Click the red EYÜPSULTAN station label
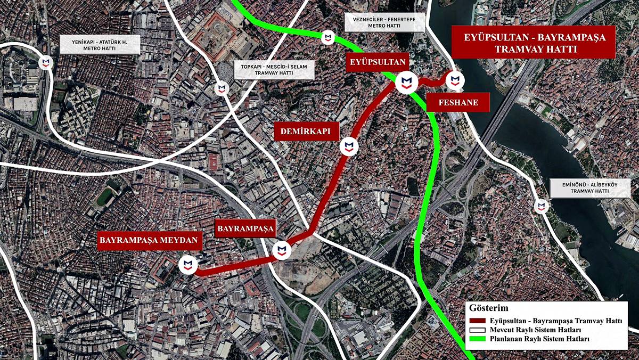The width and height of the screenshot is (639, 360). (378, 62)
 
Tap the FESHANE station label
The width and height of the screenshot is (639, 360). (458, 102)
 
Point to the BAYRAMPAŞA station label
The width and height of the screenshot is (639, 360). (245, 228)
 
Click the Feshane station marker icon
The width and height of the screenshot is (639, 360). (454, 80)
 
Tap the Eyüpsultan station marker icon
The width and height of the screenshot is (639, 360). (406, 81)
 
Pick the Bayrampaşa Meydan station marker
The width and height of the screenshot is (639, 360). (187, 265)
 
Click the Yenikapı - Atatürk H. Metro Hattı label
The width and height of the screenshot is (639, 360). (100, 44)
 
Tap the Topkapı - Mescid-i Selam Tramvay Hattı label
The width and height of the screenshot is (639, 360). (275, 70)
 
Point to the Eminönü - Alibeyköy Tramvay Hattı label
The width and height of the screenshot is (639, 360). (590, 188)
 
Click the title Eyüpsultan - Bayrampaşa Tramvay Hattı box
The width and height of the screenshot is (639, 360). (533, 42)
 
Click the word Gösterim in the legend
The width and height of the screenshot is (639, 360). (489, 308)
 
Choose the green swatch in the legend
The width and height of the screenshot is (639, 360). (477, 339)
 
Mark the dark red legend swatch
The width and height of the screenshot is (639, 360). (477, 321)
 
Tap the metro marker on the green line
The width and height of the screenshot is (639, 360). (328, 37)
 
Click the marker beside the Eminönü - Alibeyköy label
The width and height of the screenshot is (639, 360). (542, 206)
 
